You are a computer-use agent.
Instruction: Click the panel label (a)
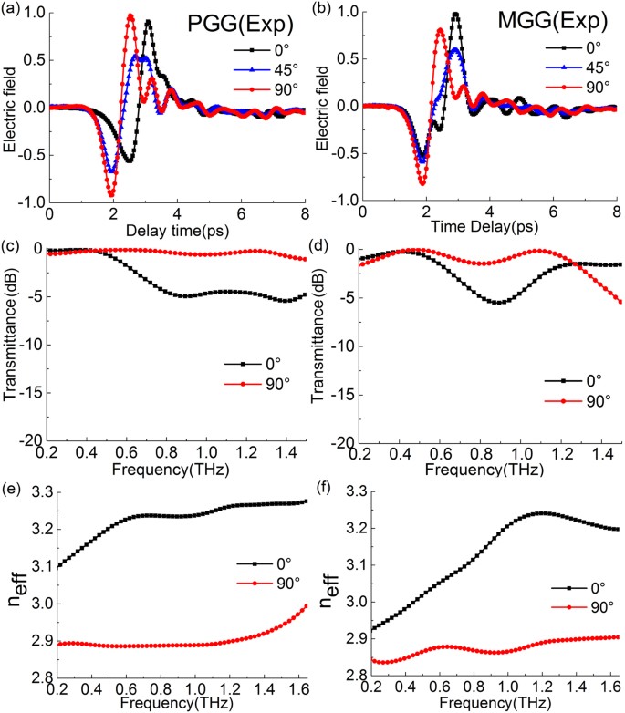(12, 8)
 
